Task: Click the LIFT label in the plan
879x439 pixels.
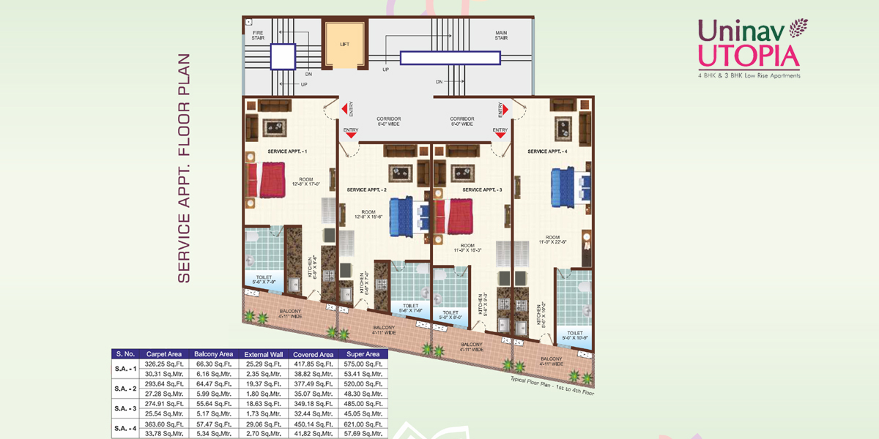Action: (344, 44)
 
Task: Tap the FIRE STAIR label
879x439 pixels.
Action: (258, 35)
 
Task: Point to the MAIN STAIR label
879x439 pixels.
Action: (501, 35)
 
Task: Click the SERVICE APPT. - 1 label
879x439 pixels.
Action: (287, 151)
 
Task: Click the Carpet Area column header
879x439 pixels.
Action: (164, 354)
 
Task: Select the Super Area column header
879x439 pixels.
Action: (363, 354)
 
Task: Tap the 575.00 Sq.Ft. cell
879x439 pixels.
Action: (363, 364)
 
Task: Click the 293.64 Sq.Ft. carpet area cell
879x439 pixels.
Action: (164, 383)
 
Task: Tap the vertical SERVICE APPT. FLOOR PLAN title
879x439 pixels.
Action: (184, 168)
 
